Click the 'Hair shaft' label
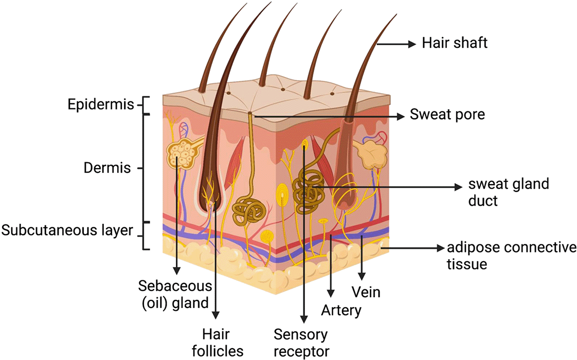455,43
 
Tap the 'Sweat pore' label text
447,115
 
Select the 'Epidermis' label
100,104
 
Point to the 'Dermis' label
107,168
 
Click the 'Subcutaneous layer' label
67,230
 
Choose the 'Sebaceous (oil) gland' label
175,295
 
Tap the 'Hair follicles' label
217,343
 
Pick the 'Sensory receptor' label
301,343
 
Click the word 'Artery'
341,310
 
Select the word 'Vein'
366,292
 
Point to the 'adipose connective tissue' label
512,256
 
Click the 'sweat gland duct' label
509,192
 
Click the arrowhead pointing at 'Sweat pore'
400,116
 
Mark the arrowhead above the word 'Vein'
362,276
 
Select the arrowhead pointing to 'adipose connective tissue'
441,248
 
